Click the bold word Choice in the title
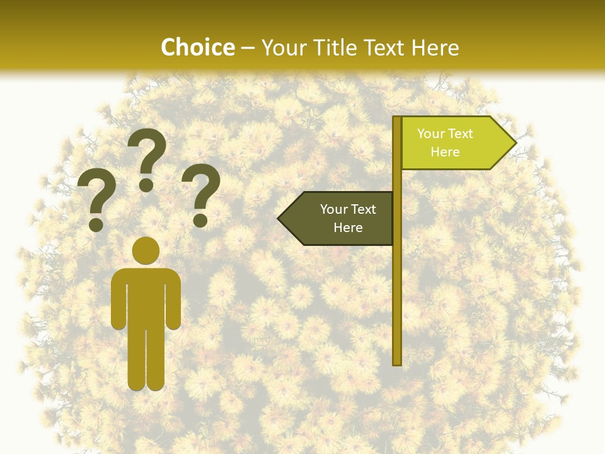197,47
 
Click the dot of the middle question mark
146,185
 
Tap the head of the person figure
146,250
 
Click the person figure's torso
146,296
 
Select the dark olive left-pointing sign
340,218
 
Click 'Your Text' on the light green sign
445,134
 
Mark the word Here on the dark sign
348,228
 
